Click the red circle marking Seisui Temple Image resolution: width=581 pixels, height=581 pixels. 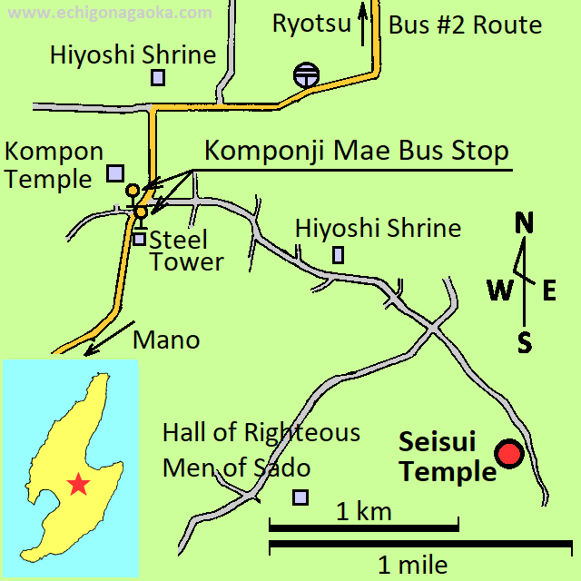pos(509,454)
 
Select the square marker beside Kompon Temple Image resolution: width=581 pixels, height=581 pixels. pos(115,172)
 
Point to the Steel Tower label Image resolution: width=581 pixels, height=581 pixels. pos(186,251)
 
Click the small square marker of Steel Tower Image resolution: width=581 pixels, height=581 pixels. pos(139,239)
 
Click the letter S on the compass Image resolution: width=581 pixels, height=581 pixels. pos(525,341)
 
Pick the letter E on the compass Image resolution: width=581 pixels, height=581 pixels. pos(549,290)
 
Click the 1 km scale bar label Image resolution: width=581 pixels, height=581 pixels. pos(363,511)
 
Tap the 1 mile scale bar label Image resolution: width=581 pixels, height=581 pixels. pos(412,566)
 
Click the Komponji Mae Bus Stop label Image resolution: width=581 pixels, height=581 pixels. pos(356,150)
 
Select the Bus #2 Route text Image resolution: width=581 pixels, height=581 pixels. pos(465,25)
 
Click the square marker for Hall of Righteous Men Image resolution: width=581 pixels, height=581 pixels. pos(300,497)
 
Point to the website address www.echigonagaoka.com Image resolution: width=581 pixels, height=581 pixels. pos(114,13)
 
